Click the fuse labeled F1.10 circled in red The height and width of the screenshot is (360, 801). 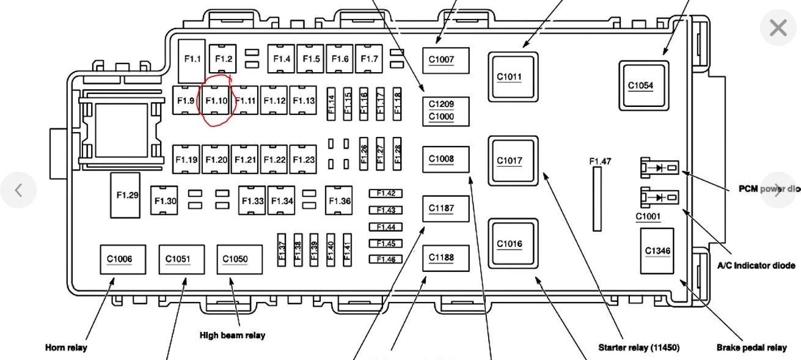216,101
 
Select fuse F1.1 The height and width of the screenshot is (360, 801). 192,60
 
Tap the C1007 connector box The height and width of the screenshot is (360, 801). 446,60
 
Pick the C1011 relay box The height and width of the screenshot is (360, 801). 513,76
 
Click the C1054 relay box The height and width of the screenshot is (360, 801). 643,86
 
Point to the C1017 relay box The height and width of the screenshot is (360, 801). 513,161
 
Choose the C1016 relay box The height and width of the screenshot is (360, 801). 513,244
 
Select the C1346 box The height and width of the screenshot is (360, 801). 657,251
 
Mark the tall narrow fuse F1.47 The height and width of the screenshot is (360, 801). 597,199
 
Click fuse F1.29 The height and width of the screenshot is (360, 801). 125,195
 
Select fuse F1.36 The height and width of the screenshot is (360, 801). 340,200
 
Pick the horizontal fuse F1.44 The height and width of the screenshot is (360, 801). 386,227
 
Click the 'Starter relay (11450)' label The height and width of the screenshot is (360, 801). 638,348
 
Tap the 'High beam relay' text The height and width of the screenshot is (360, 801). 232,335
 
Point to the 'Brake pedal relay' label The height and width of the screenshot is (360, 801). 752,348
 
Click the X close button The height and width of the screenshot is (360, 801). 778,28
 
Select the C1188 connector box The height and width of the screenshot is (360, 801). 446,258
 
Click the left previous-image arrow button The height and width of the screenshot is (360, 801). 18,190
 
